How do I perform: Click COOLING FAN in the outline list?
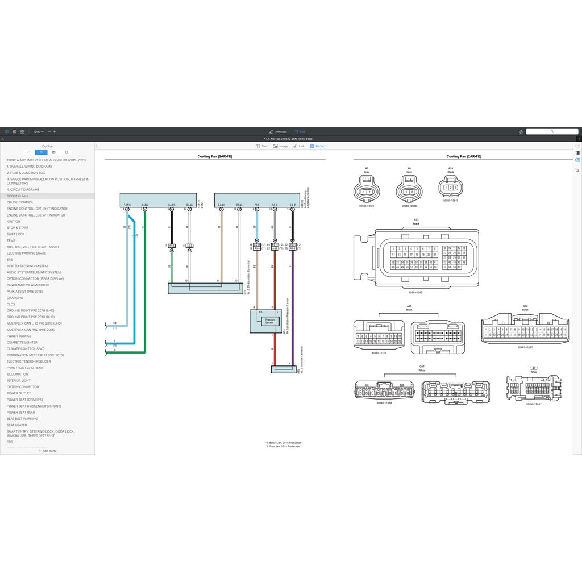pyautogui.click(x=17, y=196)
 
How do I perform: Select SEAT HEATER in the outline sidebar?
pyautogui.click(x=17, y=425)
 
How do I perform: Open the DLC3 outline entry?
pyautogui.click(x=11, y=304)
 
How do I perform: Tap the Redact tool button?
pyautogui.click(x=318, y=146)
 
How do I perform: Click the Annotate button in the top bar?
pyautogui.click(x=278, y=132)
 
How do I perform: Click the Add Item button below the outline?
pyautogui.click(x=47, y=451)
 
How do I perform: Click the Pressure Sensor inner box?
pyautogui.click(x=270, y=321)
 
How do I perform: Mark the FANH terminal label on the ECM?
pyautogui.click(x=127, y=205)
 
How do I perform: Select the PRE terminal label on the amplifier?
pyautogui.click(x=257, y=205)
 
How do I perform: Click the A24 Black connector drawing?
pyautogui.click(x=451, y=187)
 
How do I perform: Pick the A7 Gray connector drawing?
pyautogui.click(x=367, y=188)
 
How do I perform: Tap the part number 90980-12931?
pyautogui.click(x=416, y=292)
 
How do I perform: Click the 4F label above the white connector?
pyautogui.click(x=534, y=368)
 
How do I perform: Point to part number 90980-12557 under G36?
pyautogui.click(x=525, y=347)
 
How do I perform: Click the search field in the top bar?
pyautogui.click(x=551, y=132)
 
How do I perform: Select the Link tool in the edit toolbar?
pyautogui.click(x=299, y=146)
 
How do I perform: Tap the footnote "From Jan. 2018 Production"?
pyautogui.click(x=284, y=446)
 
